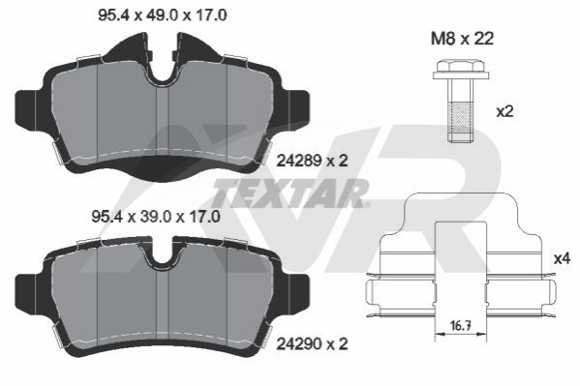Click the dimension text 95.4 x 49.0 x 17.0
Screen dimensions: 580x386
(x=163, y=15)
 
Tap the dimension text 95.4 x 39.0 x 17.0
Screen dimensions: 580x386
(x=156, y=217)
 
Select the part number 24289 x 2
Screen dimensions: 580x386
(x=313, y=161)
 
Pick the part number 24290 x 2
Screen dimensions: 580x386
(x=313, y=343)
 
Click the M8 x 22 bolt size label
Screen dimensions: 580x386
(x=463, y=39)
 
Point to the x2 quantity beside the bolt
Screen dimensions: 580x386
(x=504, y=111)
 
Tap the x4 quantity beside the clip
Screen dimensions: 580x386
(x=562, y=258)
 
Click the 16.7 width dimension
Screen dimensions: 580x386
(x=461, y=326)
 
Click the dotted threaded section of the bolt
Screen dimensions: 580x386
(x=461, y=119)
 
